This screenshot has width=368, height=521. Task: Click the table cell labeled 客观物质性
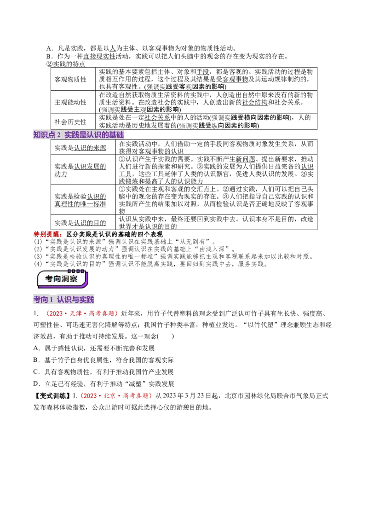70,80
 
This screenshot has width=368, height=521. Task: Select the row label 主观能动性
70,102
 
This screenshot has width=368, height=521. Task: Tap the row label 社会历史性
70,122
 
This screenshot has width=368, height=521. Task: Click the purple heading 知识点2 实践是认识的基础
78,134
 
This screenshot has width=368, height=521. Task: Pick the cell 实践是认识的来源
80,148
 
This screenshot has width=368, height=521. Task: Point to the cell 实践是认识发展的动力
80,170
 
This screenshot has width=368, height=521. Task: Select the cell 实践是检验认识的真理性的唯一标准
80,200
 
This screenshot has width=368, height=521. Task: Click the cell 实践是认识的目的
80,223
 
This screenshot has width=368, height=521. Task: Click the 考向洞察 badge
62,279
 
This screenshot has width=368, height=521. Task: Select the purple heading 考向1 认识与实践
63,299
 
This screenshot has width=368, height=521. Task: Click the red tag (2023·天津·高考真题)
80,313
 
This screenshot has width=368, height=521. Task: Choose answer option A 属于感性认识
94,348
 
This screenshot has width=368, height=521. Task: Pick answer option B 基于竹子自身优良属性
103,360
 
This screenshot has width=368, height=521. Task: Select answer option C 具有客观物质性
103,372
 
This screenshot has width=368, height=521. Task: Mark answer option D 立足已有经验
103,384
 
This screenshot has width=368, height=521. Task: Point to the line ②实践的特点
66,64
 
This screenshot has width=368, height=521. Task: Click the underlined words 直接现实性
99,56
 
